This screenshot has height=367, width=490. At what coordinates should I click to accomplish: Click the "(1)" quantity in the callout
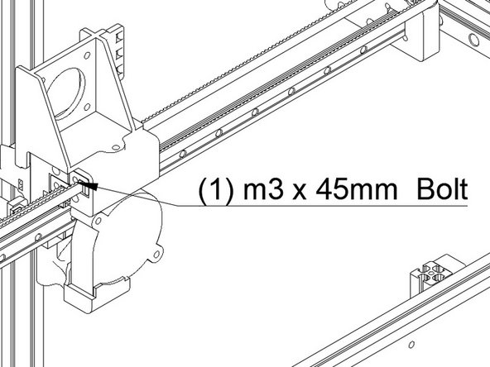[216, 190]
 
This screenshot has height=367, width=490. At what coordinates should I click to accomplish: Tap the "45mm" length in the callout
[356, 190]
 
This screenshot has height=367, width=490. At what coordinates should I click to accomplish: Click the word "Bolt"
[442, 189]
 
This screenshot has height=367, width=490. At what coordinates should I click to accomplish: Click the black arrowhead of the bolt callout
[90, 186]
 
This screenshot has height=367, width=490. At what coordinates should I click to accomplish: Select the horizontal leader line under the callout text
[322, 206]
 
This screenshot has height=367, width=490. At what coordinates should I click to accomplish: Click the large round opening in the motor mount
[66, 93]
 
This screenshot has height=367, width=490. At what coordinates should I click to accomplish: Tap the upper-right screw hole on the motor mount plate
[87, 55]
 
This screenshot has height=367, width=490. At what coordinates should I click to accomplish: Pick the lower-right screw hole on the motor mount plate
[88, 107]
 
